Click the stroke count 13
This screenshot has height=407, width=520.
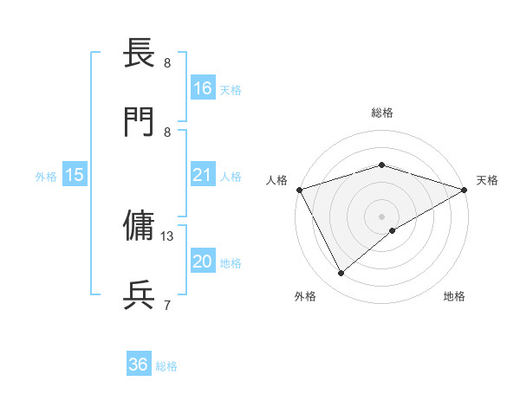pyautogui.click(x=168, y=236)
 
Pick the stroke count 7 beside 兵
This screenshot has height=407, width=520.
pyautogui.click(x=166, y=304)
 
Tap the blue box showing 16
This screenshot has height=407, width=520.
pyautogui.click(x=203, y=88)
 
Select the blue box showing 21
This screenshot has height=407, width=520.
pyautogui.click(x=203, y=176)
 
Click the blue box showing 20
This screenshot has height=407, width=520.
pyautogui.click(x=203, y=262)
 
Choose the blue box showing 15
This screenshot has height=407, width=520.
pyautogui.click(x=75, y=176)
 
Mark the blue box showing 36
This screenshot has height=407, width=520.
pyautogui.click(x=139, y=365)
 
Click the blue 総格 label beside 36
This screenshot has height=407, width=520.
pyautogui.click(x=166, y=366)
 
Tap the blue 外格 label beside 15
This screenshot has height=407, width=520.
pyautogui.click(x=46, y=177)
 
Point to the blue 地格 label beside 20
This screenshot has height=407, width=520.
pyautogui.click(x=231, y=262)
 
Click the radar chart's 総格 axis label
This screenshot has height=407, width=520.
pyautogui.click(x=381, y=113)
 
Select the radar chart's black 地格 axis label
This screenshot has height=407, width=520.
pyautogui.click(x=454, y=297)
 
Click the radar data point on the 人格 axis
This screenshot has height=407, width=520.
pyautogui.click(x=299, y=189)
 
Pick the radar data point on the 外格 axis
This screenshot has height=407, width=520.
pyautogui.click(x=341, y=274)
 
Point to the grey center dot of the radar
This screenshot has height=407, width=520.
pyautogui.click(x=381, y=216)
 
